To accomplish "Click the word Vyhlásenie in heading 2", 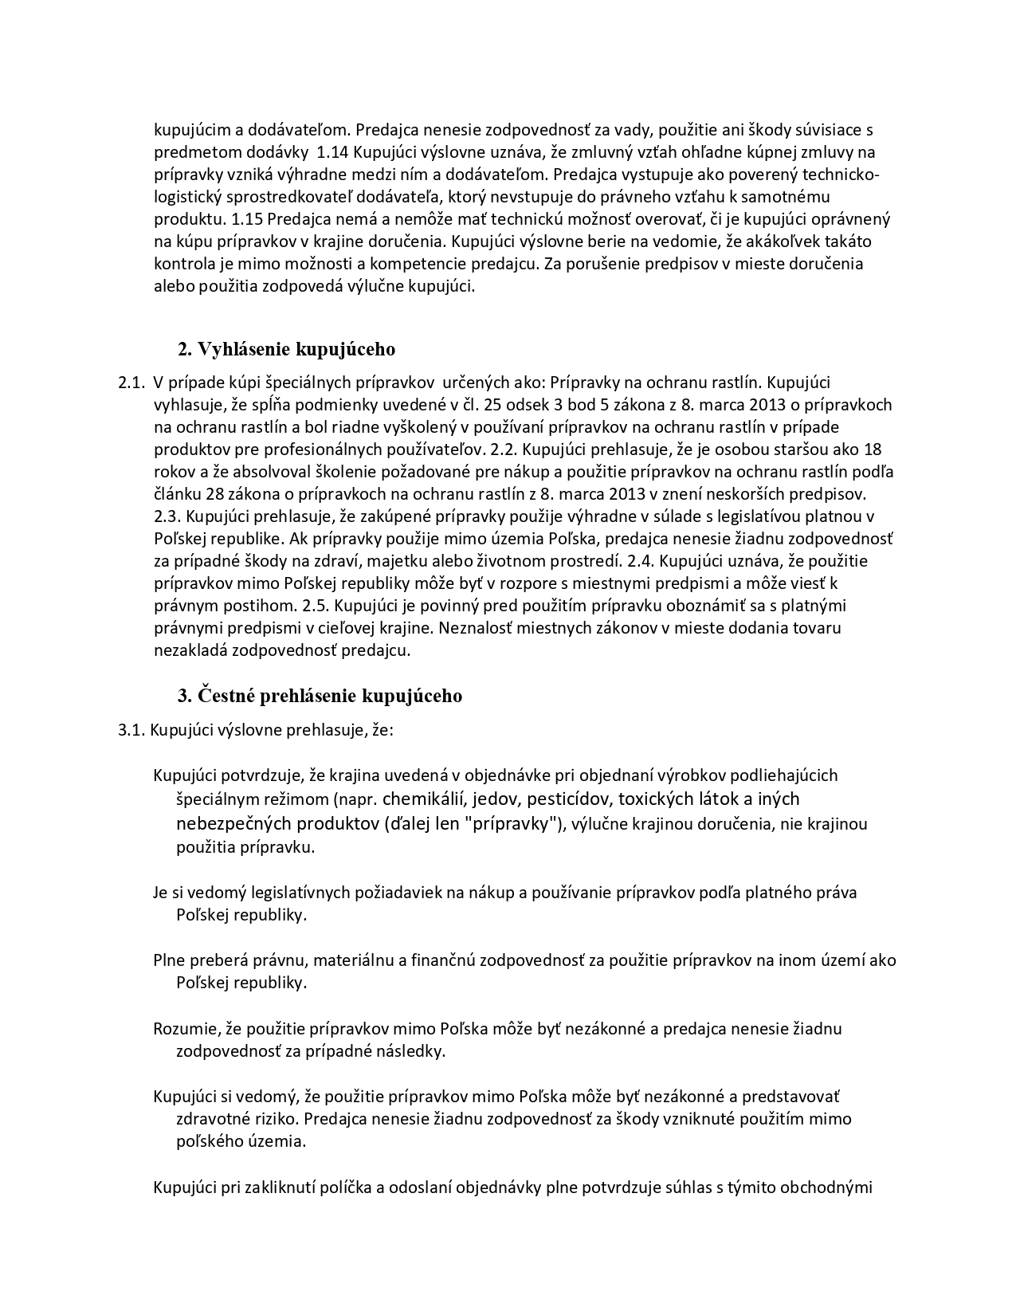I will tap(245, 349).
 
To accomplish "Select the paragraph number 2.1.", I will tap(130, 383).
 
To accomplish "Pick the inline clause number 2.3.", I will tap(167, 516).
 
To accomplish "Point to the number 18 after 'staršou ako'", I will tap(872, 449).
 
